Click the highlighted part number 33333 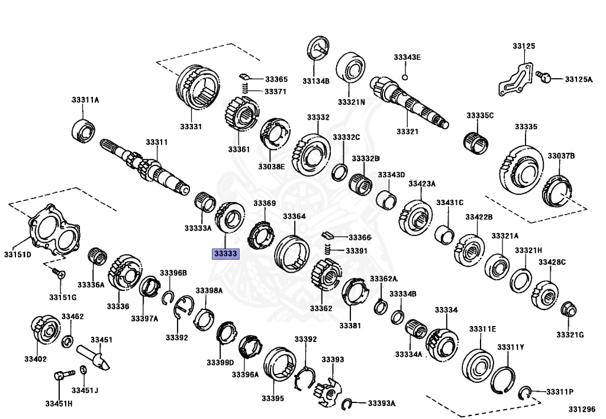coord(225,254)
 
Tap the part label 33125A coord(578,79)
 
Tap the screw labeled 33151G coord(58,273)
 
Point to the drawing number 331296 coord(582,409)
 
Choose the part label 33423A coord(421,184)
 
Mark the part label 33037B coord(560,156)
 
